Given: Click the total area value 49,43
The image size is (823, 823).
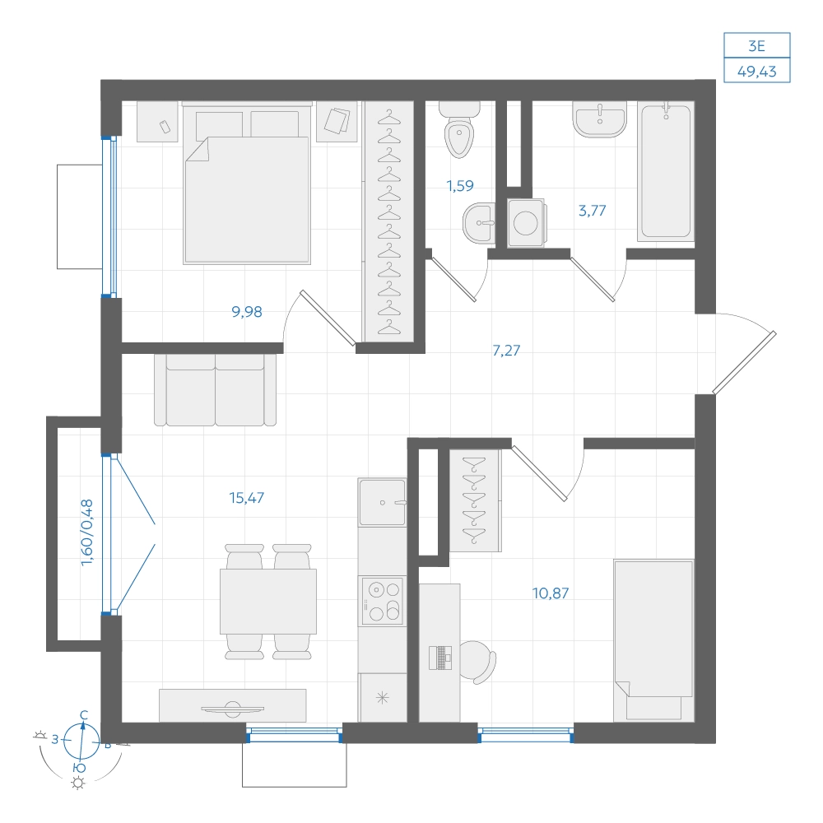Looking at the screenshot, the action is click(x=756, y=71).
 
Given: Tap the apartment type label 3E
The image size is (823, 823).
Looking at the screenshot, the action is click(x=756, y=46).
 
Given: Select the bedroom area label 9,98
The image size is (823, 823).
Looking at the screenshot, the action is click(x=247, y=312).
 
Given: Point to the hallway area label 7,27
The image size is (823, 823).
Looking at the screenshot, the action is click(x=506, y=350).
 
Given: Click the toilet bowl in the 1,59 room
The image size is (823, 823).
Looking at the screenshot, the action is click(x=459, y=130).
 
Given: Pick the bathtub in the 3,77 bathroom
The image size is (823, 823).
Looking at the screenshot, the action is click(x=666, y=171).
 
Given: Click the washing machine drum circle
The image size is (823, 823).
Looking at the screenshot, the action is click(x=525, y=222).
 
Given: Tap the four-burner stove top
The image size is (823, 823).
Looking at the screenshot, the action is click(x=382, y=601).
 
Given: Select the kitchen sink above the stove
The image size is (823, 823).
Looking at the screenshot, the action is click(x=382, y=502).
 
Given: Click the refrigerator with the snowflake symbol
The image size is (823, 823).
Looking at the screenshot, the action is click(x=383, y=698).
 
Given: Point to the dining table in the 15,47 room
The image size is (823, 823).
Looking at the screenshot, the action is click(x=268, y=602).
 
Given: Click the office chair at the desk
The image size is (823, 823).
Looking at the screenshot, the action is click(x=479, y=662).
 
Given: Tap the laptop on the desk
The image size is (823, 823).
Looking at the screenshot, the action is click(x=440, y=658).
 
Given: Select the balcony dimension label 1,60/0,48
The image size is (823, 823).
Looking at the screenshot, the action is click(x=87, y=532).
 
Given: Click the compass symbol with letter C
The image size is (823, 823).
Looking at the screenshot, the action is click(x=81, y=740).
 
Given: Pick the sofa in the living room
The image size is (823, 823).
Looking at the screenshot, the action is click(x=215, y=389).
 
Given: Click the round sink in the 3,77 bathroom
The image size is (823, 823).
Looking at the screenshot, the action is click(x=600, y=119).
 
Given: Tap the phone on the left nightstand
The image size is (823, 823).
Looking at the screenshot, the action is click(x=165, y=127).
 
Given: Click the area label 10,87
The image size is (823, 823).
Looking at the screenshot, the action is click(x=551, y=593).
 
